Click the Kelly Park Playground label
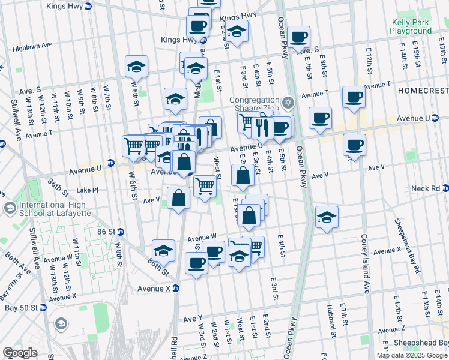pyautogui.click(x=411, y=26)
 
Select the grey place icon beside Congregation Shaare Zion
pyautogui.click(x=288, y=102)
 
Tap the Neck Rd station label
pyautogui.click(x=426, y=188)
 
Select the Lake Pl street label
pyautogui.click(x=87, y=190)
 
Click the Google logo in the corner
pyautogui.click(x=20, y=353)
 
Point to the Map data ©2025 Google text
pyautogui.click(x=411, y=355)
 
